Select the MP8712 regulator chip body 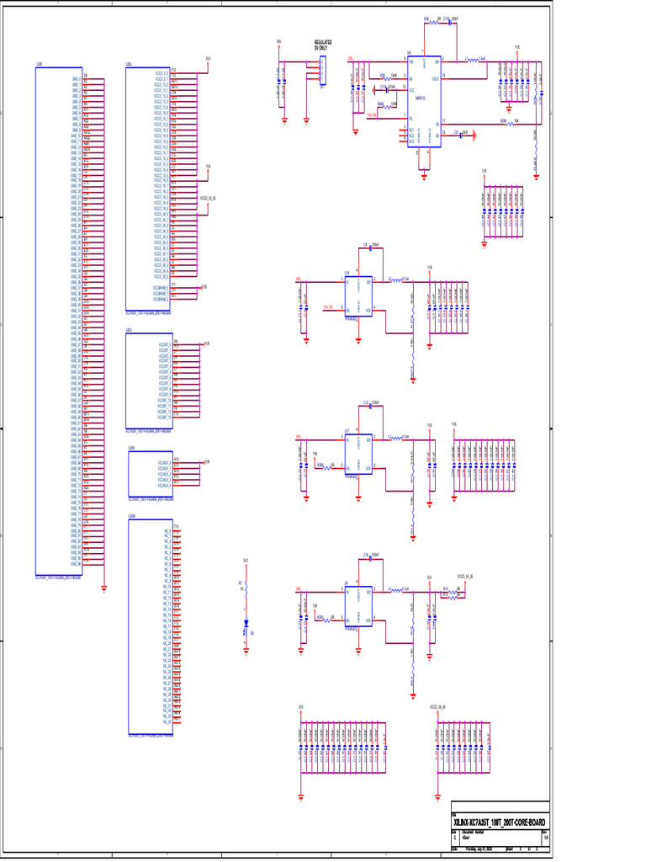tap(424, 102)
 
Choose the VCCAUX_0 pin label tap(163, 462)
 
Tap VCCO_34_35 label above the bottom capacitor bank tap(437, 706)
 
